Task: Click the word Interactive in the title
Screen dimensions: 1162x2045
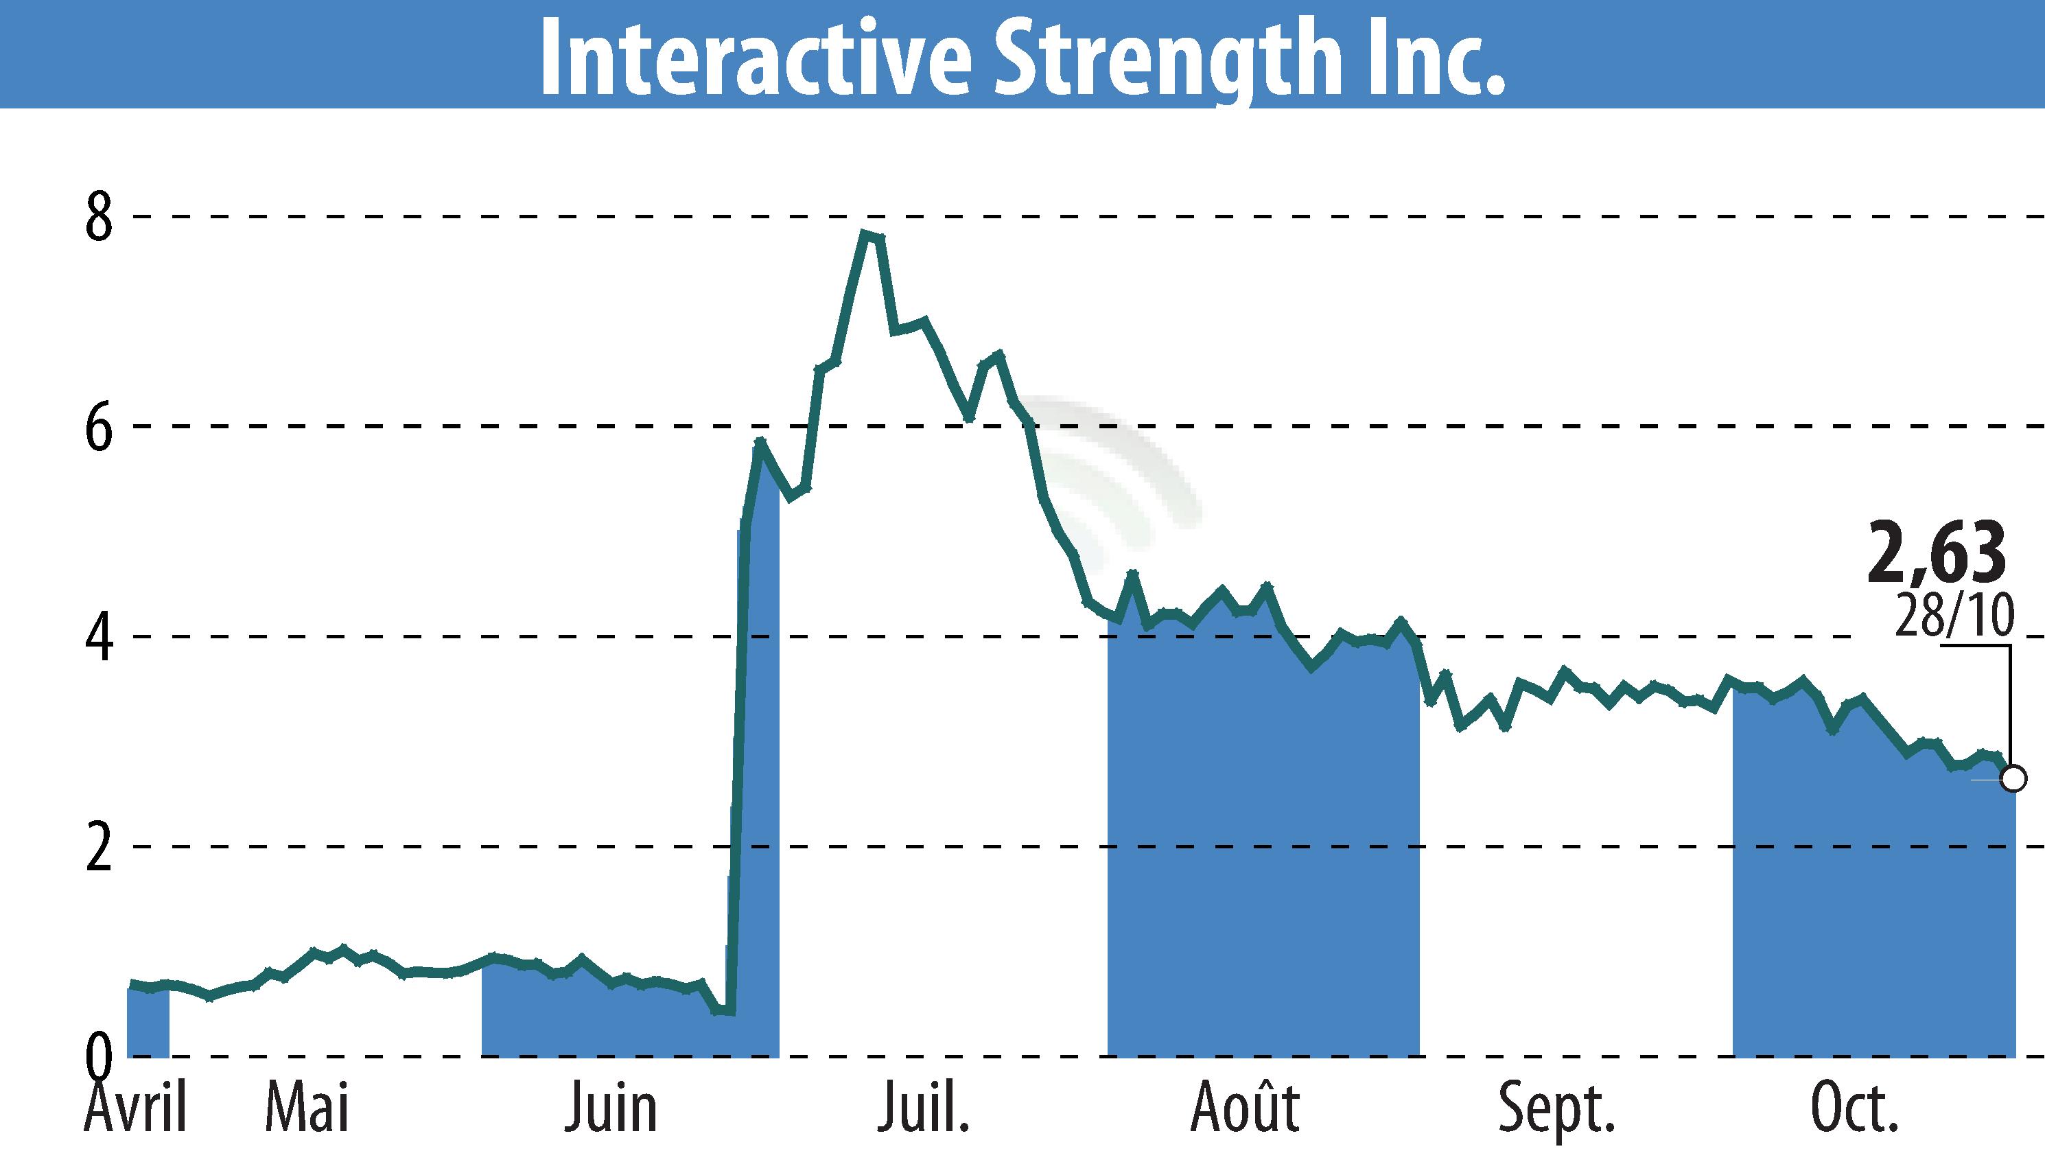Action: point(755,58)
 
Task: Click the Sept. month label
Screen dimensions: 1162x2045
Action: point(1556,1109)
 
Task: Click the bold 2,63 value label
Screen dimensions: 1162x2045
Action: point(1937,553)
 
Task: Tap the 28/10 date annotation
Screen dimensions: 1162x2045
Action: point(1954,615)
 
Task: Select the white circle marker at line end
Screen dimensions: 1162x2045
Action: point(2014,778)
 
